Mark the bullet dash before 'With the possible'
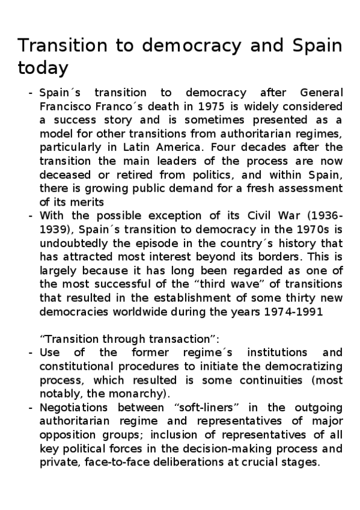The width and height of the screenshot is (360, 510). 30,215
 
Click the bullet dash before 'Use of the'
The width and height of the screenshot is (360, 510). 30,352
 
